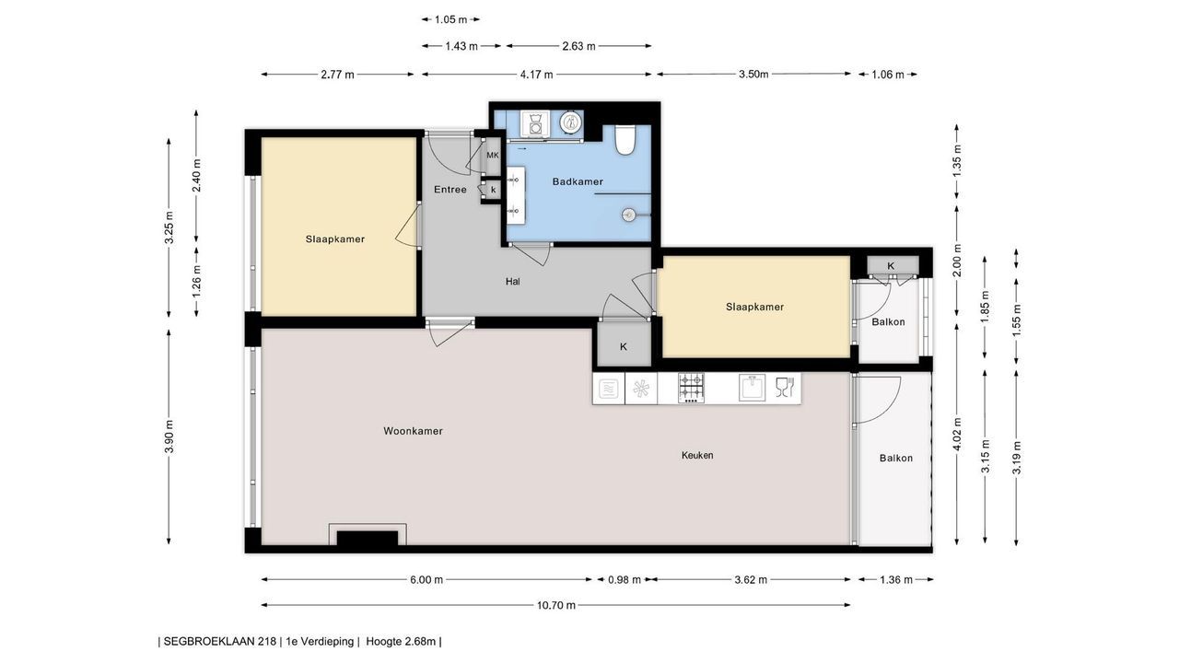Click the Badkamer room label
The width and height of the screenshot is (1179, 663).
point(578,181)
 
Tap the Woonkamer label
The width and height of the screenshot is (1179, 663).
point(413,431)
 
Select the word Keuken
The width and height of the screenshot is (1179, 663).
point(697,455)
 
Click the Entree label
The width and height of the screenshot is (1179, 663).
point(450,190)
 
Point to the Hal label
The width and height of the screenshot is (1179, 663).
point(513,282)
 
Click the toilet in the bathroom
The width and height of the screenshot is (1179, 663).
point(625,139)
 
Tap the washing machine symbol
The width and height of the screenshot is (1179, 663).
point(535,124)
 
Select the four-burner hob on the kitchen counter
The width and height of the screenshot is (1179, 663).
point(691,388)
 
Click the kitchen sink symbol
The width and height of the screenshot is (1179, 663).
point(753,388)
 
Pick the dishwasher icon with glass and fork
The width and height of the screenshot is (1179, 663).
point(784,388)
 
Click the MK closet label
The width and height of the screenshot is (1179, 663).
point(493,156)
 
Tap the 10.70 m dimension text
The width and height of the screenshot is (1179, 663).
point(555,606)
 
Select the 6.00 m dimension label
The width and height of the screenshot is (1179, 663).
point(426,580)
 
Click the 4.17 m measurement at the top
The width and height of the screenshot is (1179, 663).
point(536,75)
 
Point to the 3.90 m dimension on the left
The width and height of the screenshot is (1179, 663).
point(169,436)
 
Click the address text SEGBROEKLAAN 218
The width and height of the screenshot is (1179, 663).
point(219,642)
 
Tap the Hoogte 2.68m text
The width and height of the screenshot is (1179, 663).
point(401,642)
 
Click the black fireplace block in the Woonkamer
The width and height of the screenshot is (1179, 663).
point(368,539)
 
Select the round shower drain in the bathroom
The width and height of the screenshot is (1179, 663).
point(628,215)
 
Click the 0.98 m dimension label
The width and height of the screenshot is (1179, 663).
point(625,580)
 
